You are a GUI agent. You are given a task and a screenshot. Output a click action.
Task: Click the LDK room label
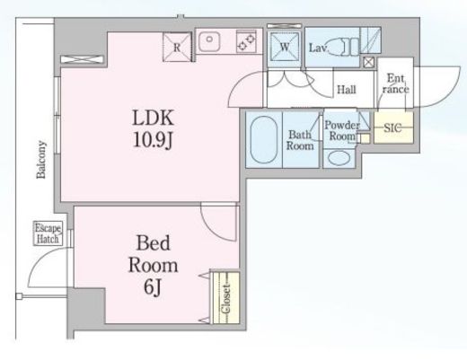point(153,118)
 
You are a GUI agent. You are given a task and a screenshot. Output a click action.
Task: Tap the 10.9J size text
point(153,140)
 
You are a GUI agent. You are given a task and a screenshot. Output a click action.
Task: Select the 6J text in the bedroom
point(153,287)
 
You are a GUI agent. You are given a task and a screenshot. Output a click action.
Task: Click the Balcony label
point(41,160)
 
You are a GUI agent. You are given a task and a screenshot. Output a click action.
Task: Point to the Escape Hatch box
point(48,233)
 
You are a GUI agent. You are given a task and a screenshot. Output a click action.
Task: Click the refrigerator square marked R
point(177,48)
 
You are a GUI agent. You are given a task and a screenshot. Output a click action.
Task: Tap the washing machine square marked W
point(285,47)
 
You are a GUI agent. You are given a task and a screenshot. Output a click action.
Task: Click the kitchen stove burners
point(246,41)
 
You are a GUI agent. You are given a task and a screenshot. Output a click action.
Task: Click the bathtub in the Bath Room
point(264,140)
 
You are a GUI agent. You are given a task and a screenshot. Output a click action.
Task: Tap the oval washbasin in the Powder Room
point(339,158)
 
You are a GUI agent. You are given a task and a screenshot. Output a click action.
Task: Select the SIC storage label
point(392,128)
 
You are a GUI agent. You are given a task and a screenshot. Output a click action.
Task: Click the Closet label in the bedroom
point(226,298)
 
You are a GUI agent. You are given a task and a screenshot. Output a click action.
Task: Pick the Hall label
point(347,90)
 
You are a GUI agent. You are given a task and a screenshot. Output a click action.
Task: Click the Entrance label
point(395,83)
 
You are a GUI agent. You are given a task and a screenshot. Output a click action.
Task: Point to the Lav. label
point(318,48)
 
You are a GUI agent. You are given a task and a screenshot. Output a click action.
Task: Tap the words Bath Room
point(300,140)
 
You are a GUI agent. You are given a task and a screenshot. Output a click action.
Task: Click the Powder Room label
point(342,130)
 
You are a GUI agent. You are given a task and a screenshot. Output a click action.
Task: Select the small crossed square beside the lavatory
point(368,62)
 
